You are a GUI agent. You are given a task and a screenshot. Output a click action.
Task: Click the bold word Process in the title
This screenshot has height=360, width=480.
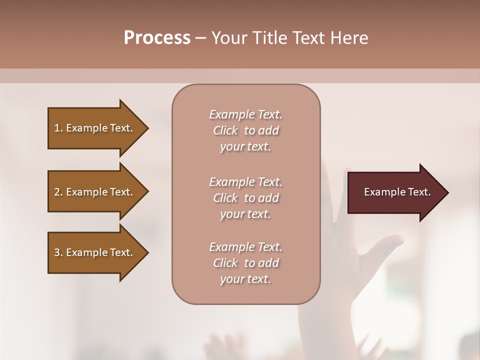[157, 38]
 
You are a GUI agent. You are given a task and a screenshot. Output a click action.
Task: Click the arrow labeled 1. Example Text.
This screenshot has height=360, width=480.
[95, 128]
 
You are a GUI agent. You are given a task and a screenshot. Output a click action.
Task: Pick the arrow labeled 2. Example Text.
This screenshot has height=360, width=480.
[95, 192]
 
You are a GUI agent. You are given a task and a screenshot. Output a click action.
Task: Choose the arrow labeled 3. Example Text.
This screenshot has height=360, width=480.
[95, 252]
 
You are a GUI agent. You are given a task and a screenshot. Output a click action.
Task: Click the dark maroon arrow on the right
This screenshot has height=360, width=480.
[395, 192]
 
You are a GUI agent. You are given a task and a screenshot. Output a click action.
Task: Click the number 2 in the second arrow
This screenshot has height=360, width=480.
[57, 192]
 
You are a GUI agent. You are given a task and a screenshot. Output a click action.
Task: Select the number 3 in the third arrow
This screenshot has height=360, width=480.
[57, 252]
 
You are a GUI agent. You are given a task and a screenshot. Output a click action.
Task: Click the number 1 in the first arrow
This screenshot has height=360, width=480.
[57, 128]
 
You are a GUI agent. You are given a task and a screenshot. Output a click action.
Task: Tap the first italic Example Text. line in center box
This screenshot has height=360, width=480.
[245, 114]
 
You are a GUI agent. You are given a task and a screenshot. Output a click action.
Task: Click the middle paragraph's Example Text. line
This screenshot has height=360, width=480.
[245, 182]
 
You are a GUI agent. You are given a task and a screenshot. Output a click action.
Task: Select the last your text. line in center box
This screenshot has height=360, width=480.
[245, 279]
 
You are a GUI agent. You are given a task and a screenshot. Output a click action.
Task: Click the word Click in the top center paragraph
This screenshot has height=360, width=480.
[225, 130]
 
